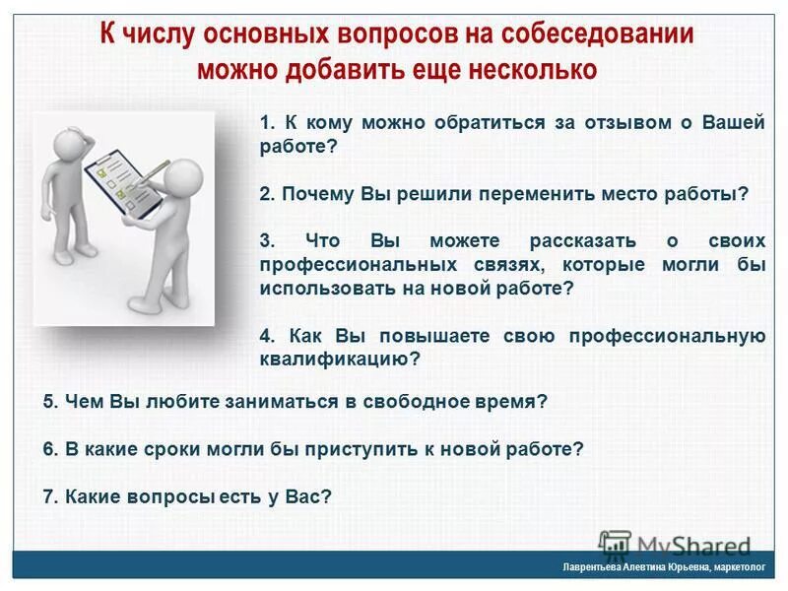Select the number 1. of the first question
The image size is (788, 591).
pos(268,123)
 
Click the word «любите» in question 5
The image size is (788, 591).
pos(154,401)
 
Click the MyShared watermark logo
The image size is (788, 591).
pos(676,545)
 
